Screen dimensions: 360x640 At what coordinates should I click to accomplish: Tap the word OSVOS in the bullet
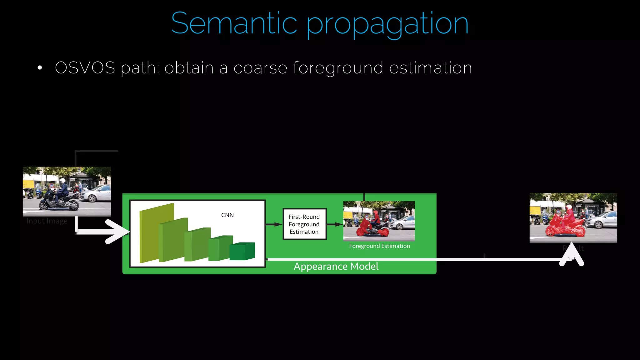tap(85, 68)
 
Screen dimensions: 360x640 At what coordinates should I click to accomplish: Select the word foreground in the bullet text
tap(338, 68)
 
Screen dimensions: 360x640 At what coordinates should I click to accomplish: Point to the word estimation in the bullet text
tap(430, 68)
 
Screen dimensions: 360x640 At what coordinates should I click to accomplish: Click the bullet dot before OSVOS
tap(40, 68)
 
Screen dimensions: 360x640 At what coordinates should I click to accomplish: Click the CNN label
tap(227, 215)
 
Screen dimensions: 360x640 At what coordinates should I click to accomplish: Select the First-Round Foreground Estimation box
tap(304, 224)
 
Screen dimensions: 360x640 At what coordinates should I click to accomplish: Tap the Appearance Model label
tap(336, 266)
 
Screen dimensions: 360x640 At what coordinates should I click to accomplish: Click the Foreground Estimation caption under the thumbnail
tap(379, 246)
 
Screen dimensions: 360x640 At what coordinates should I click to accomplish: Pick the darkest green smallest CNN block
tap(242, 252)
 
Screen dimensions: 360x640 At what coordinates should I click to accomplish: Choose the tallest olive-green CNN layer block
tap(156, 233)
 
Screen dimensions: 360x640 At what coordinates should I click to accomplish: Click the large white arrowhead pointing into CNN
tap(117, 232)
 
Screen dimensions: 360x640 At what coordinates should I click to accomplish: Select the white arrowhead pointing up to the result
tap(572, 255)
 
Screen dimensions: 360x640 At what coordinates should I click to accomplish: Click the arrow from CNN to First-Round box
tap(274, 224)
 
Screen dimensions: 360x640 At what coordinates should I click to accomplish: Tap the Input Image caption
tap(47, 221)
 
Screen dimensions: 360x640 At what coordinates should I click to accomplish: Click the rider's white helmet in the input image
tap(62, 181)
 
